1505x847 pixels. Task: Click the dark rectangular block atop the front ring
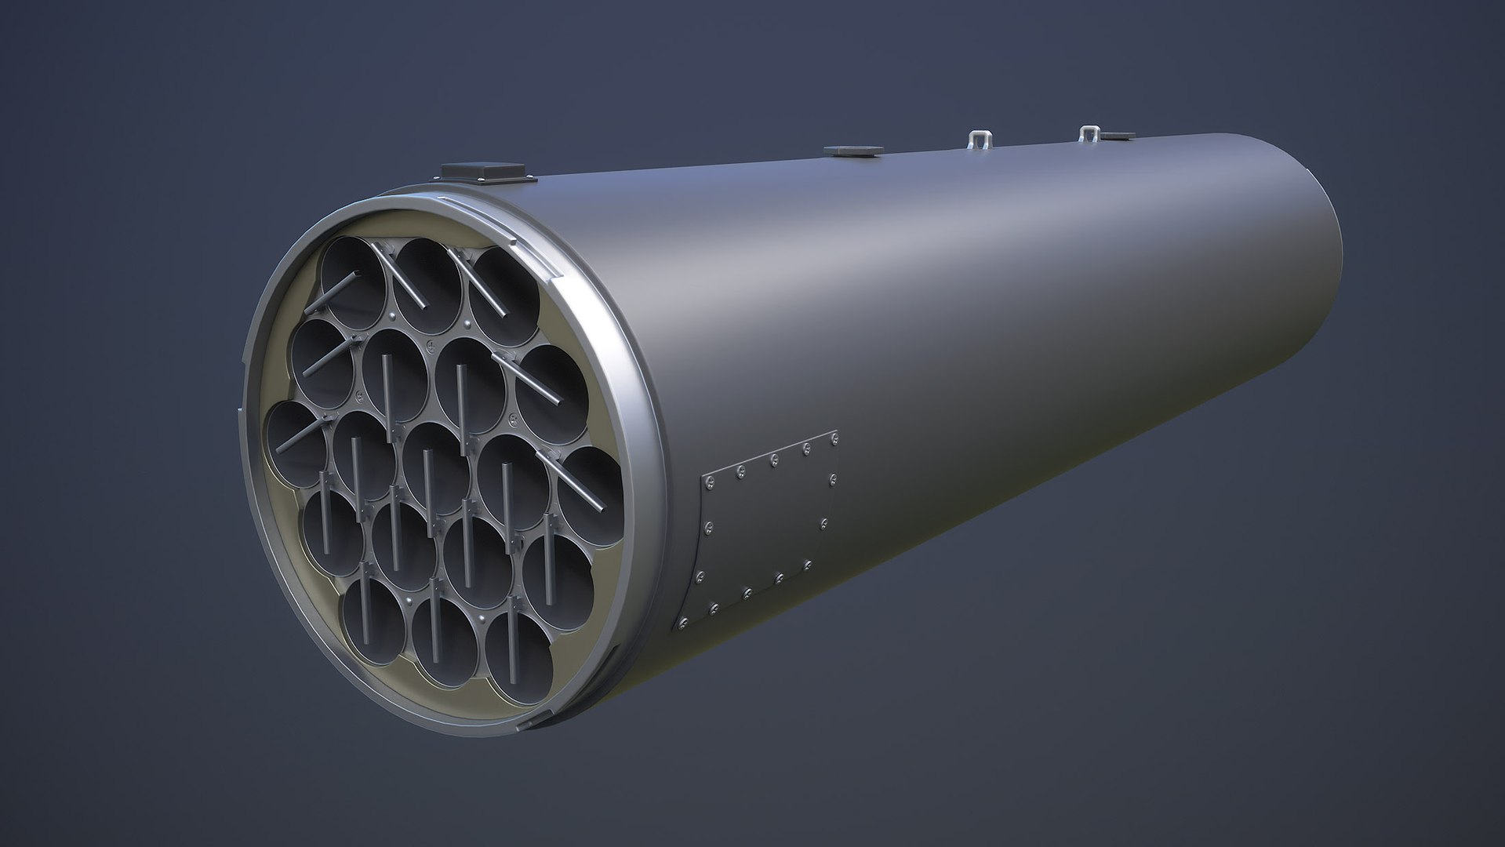click(x=482, y=169)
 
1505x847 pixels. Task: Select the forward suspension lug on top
click(x=977, y=140)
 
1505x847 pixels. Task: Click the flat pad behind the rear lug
click(x=1115, y=136)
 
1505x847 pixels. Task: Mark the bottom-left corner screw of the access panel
click(x=683, y=623)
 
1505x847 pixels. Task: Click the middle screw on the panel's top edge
click(x=774, y=458)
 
